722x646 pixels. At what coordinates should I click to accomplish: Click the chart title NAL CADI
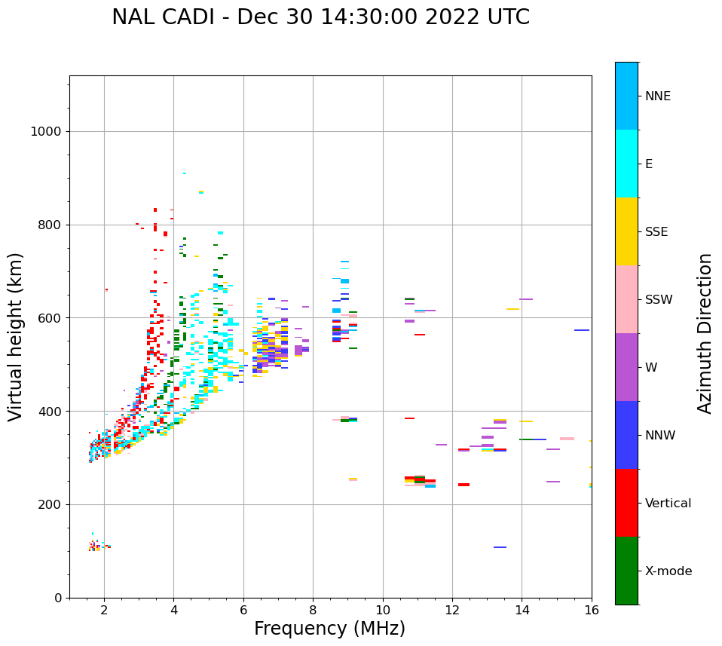click(x=320, y=17)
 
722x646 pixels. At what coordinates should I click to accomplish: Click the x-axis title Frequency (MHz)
click(x=329, y=629)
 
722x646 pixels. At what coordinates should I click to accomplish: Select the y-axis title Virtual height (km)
click(x=16, y=336)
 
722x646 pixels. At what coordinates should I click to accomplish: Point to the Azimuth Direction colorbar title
click(x=705, y=333)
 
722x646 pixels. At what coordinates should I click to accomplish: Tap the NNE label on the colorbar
click(x=657, y=96)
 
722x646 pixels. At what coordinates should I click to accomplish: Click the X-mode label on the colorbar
click(x=668, y=571)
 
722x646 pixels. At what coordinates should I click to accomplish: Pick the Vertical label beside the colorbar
click(x=668, y=504)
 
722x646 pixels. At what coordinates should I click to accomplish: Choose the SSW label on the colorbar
click(x=658, y=300)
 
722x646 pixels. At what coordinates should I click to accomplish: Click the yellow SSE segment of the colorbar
click(x=626, y=231)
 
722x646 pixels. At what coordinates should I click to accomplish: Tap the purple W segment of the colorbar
click(x=626, y=367)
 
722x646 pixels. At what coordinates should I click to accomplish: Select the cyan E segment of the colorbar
click(x=626, y=164)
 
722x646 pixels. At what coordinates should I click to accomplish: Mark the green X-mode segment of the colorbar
click(x=626, y=571)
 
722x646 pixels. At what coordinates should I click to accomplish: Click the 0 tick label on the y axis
click(x=57, y=598)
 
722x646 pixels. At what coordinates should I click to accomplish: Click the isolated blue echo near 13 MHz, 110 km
click(x=500, y=547)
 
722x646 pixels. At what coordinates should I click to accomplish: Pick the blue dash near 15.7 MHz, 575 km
click(x=582, y=330)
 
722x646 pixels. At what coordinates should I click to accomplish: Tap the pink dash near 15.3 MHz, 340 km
click(x=567, y=439)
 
